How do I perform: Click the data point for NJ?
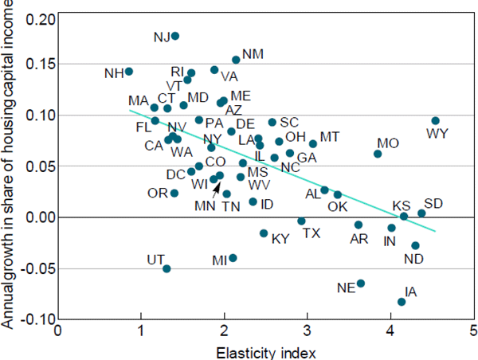(175, 36)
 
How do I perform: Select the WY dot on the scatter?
(435, 121)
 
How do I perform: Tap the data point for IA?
(402, 302)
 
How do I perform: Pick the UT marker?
(167, 269)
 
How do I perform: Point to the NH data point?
(129, 72)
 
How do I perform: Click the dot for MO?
(378, 154)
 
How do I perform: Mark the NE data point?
(361, 284)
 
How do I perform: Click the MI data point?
(233, 258)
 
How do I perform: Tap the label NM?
(253, 54)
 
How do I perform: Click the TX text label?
(311, 233)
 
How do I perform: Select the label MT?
(330, 137)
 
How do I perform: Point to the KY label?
(280, 238)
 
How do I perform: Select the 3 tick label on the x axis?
(307, 329)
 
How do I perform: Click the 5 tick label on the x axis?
(473, 329)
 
